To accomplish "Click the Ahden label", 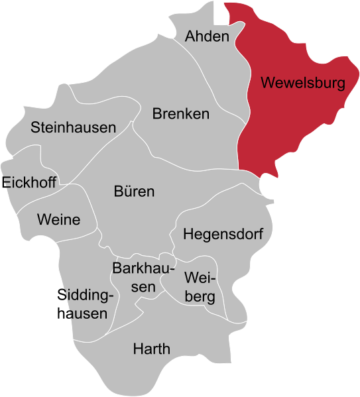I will click(207, 36).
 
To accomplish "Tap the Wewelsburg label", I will click(303, 84).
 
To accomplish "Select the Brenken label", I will click(180, 114).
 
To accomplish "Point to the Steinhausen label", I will click(73, 127).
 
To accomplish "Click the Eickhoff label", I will click(30, 182).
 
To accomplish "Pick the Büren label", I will click(134, 192).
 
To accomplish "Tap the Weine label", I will click(58, 219).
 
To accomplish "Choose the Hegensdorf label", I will click(223, 235).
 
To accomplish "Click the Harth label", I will click(151, 349).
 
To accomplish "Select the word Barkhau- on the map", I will click(143, 269).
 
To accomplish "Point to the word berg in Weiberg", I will click(200, 297).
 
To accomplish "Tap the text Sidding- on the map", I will click(88, 294).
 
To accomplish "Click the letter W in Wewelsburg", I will click(267, 84).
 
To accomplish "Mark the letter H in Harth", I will click(137, 349).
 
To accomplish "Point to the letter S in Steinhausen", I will click(35, 127).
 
